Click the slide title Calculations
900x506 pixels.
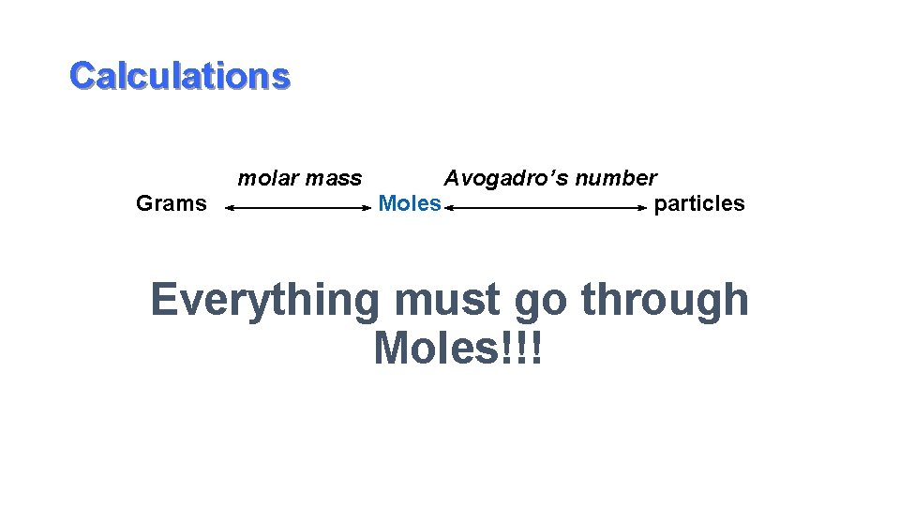coord(180,76)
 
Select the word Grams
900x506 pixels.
coord(172,203)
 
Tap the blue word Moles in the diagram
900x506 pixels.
coord(410,203)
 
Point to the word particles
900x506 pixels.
coord(699,203)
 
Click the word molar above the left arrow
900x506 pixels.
coord(262,178)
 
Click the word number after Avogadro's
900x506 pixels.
coord(614,178)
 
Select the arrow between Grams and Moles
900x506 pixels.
coord(299,210)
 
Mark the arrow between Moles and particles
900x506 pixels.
coord(547,210)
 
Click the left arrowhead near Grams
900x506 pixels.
coord(230,210)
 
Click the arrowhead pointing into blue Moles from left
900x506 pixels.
coord(367,210)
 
